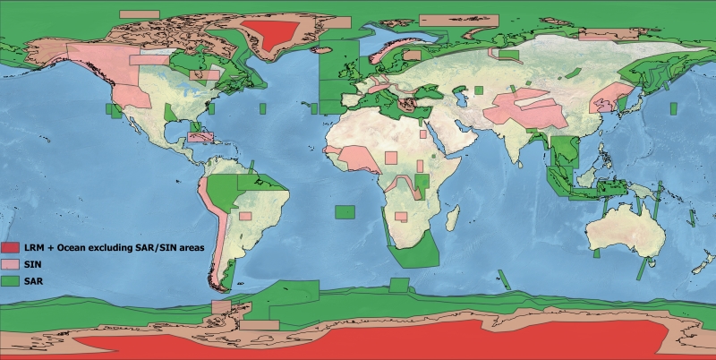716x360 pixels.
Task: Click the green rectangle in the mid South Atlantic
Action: point(345,211)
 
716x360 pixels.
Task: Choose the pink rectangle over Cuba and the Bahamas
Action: point(202,139)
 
